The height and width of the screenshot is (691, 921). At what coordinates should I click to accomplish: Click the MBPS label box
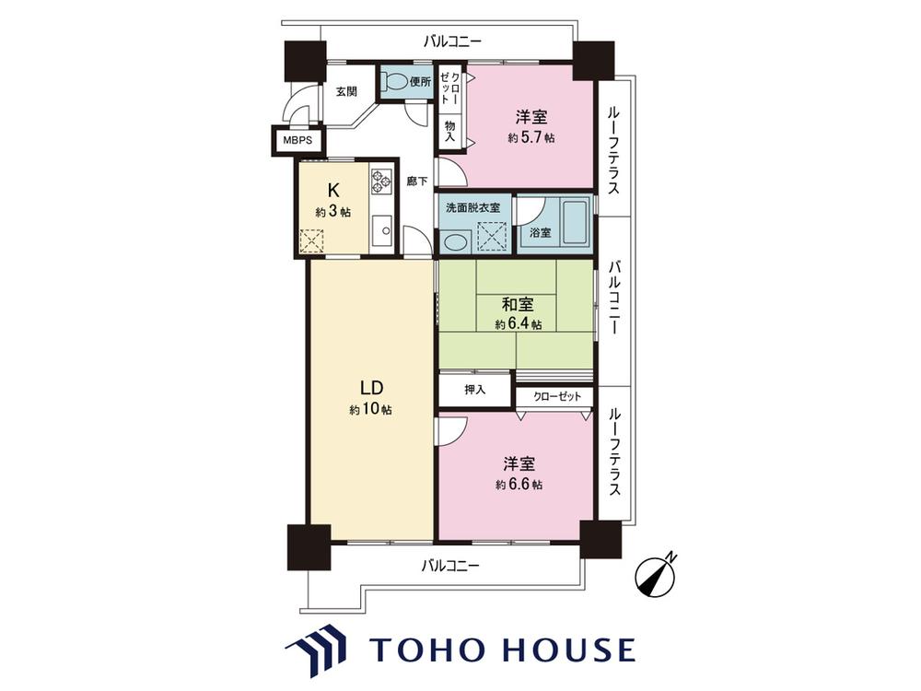click(x=297, y=141)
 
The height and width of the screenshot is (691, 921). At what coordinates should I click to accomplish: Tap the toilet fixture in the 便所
click(x=392, y=81)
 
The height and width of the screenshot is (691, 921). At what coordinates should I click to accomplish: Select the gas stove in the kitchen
click(x=380, y=182)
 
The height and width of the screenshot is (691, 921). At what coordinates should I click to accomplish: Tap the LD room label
click(x=371, y=388)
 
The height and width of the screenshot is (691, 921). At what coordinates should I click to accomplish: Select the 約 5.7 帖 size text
click(x=531, y=138)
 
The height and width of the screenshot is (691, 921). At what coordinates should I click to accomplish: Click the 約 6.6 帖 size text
click(x=519, y=485)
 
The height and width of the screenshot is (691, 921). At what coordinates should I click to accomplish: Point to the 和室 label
click(x=518, y=304)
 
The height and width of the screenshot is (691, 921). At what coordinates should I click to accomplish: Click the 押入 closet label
click(x=474, y=390)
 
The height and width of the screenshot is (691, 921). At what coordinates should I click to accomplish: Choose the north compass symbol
click(x=656, y=576)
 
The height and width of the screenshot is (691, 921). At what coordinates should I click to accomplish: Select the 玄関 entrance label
click(x=346, y=91)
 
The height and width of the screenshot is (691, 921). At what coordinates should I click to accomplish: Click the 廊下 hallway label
click(x=417, y=182)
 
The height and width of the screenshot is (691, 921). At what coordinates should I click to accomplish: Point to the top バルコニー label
click(x=452, y=41)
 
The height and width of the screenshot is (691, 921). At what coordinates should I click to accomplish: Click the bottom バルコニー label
click(x=450, y=566)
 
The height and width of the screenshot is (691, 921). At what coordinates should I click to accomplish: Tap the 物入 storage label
click(x=450, y=132)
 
